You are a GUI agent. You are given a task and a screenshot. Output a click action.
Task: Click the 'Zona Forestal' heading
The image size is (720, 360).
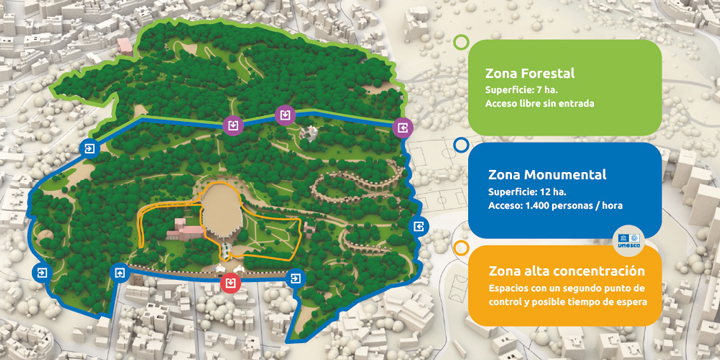coord(530,73)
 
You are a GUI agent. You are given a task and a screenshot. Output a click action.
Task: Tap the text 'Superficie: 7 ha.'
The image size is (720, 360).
coord(521,90)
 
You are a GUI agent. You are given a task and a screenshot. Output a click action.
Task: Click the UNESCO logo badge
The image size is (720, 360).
coord(628,240)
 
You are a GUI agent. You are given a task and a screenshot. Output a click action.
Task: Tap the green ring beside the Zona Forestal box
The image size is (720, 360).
coord(460,43)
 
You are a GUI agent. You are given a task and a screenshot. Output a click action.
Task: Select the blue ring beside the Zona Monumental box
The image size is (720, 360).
coord(460,145)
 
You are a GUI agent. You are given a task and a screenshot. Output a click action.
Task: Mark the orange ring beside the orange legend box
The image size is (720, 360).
coord(460,247)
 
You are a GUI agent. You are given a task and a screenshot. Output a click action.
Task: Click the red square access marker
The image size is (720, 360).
coord(231,283)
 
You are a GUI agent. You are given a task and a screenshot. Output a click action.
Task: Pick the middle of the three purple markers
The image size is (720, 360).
coord(286,114)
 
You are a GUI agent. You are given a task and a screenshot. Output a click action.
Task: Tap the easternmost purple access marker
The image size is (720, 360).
coord(402,127)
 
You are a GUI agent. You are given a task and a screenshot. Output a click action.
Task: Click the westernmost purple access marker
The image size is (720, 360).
coord(233,125)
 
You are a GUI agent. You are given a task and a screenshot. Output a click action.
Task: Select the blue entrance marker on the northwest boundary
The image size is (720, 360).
coord(90,151)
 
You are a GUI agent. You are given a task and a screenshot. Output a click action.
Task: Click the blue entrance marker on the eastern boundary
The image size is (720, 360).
coord(419,226)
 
